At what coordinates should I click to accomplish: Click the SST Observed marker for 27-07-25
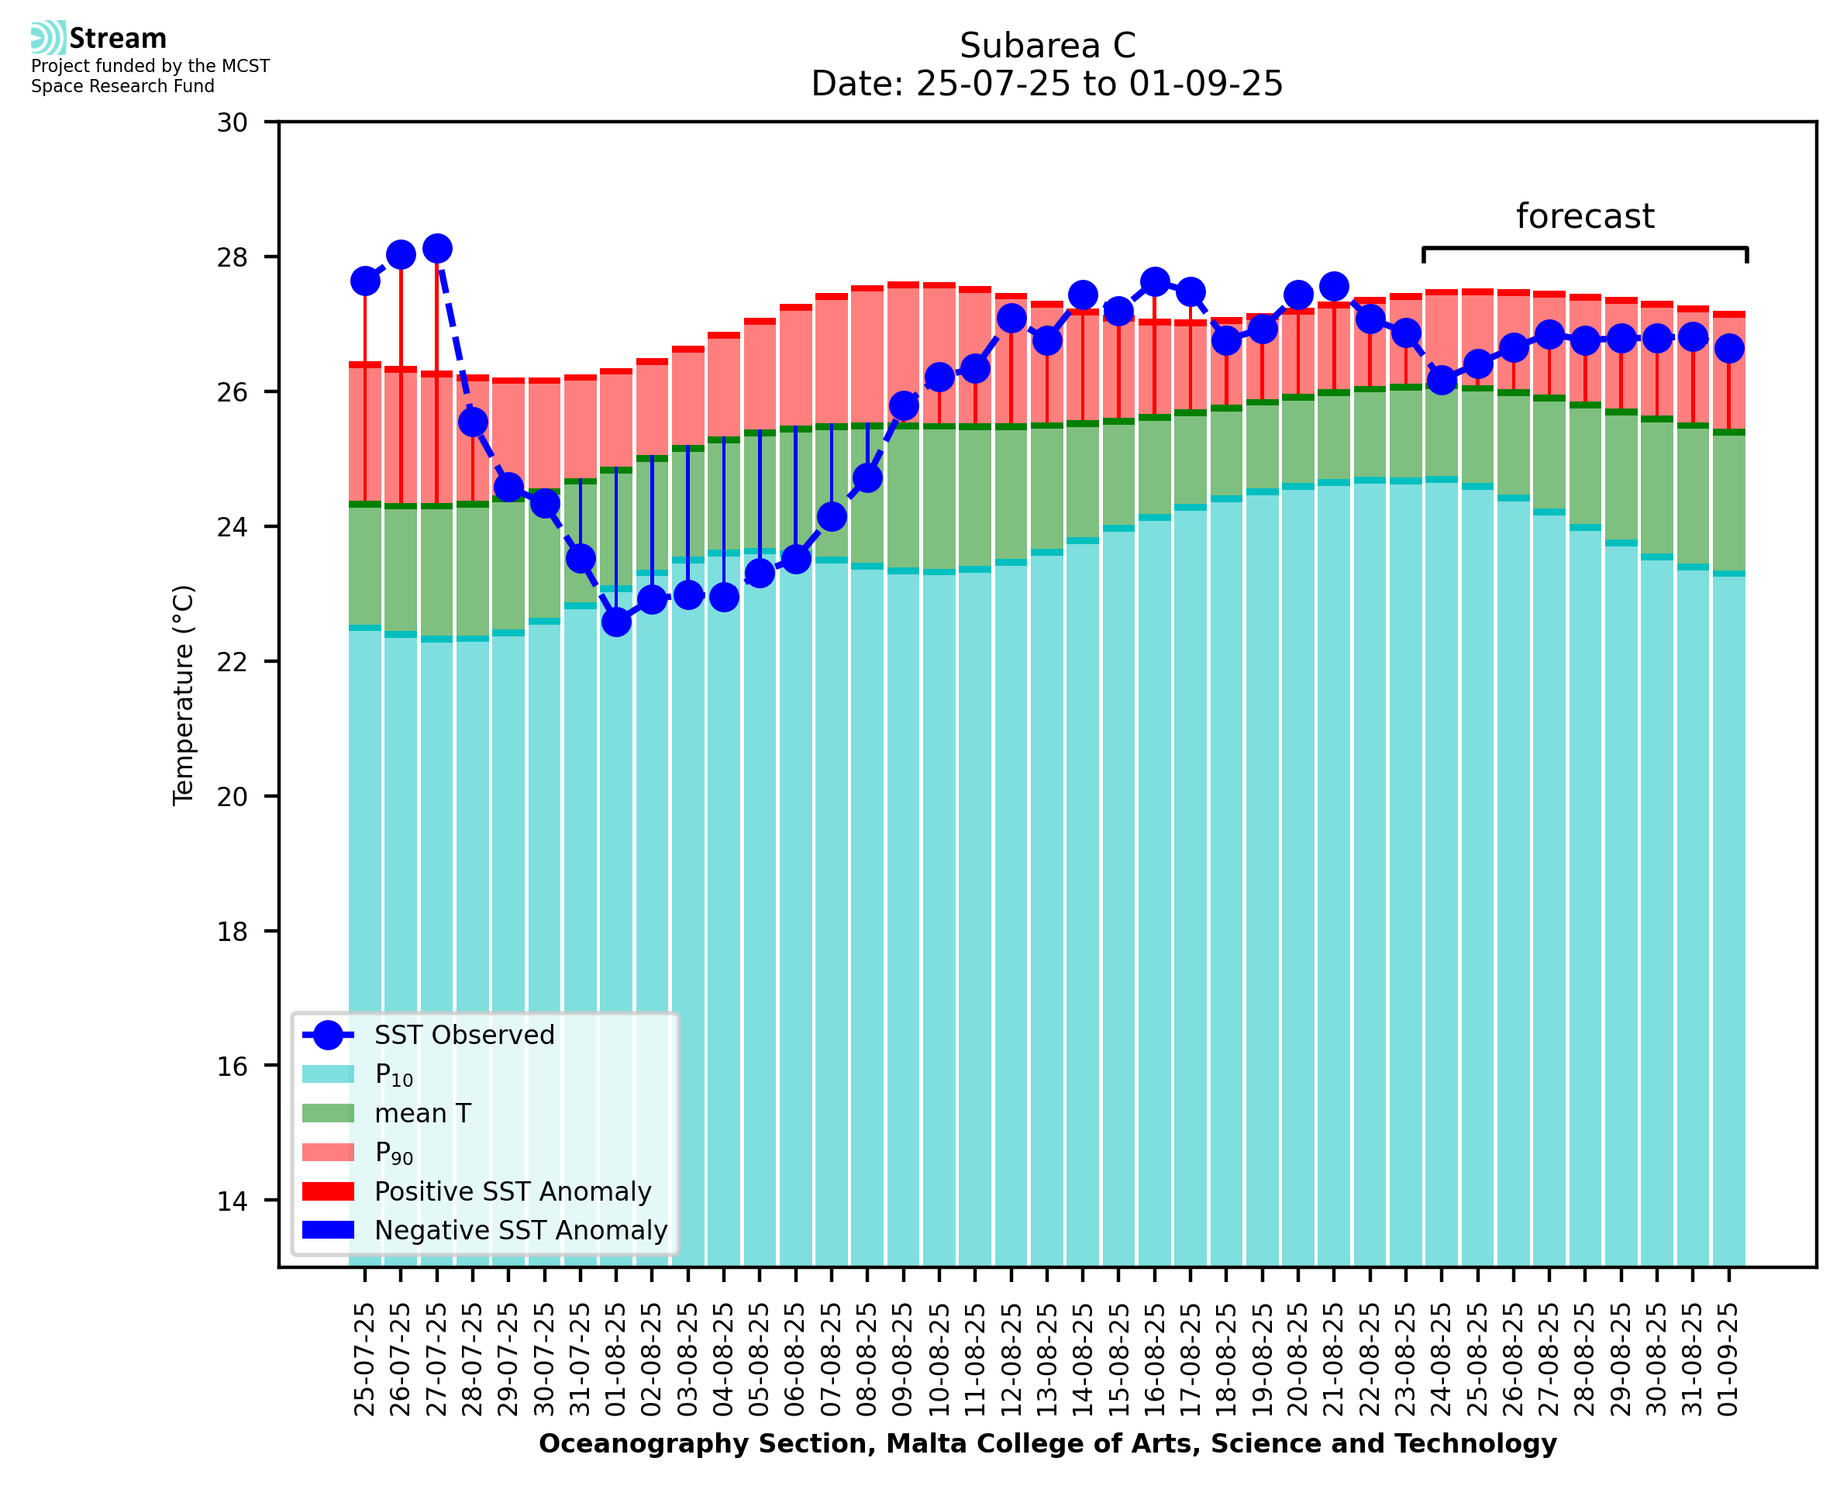coord(436,249)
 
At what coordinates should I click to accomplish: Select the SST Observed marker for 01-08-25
coord(615,622)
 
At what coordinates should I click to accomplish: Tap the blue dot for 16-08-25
coord(1154,281)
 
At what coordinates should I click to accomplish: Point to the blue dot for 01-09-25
coord(1728,348)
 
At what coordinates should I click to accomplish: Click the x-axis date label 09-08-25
coord(904,1360)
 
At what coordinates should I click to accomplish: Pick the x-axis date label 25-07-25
coord(365,1360)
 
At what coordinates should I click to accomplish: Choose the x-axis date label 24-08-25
coord(1442,1360)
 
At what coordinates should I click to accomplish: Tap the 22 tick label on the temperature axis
coord(233,662)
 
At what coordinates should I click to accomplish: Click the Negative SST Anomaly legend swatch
coord(329,1230)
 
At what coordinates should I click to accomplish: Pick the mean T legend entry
coord(422,1113)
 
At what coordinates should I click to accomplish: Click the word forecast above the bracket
coord(1584,216)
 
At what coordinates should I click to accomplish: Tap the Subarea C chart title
coord(1047,46)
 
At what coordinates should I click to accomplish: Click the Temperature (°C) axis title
coord(184,695)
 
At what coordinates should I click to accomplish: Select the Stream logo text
coord(118,39)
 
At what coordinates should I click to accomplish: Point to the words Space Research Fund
coord(122,86)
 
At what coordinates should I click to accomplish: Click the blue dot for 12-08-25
coord(1011,319)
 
